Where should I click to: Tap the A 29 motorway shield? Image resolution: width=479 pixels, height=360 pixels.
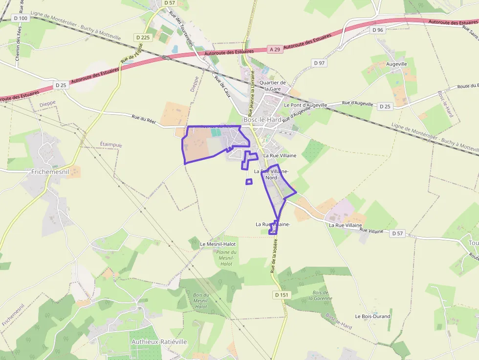(x=275, y=49)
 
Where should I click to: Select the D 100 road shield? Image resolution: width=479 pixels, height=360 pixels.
(x=21, y=18)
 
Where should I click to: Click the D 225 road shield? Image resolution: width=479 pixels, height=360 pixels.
(x=143, y=37)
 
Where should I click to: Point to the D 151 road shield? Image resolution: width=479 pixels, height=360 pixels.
(x=282, y=295)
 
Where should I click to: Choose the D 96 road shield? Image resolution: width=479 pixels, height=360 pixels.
(x=378, y=30)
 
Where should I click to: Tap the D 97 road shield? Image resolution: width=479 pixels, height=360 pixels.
(x=320, y=63)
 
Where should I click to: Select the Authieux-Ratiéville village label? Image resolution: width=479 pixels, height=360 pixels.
(x=159, y=342)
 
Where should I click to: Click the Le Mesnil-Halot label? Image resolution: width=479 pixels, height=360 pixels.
(x=218, y=244)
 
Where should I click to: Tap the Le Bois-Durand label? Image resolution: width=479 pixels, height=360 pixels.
(x=373, y=316)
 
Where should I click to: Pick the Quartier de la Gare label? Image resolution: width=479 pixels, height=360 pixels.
(x=273, y=86)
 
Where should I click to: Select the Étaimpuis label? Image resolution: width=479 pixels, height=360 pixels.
(x=111, y=144)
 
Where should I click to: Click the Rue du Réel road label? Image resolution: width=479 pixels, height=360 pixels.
(x=143, y=119)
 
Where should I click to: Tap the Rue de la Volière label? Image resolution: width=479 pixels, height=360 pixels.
(x=275, y=255)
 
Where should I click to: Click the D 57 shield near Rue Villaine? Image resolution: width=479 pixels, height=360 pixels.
(x=398, y=233)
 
